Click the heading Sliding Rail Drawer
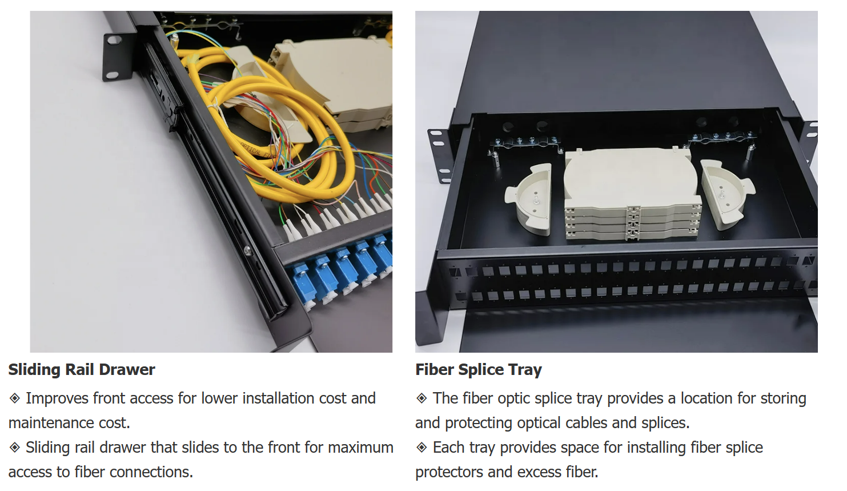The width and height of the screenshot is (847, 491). coord(82,370)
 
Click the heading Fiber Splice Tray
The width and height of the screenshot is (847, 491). coord(478,370)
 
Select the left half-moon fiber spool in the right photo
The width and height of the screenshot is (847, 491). coord(529,199)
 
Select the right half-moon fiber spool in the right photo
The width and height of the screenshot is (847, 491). coord(726,194)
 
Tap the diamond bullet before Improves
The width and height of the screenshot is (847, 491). coord(15,398)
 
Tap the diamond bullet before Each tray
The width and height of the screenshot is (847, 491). coord(422,448)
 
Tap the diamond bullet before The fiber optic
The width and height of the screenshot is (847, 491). coord(422,398)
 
